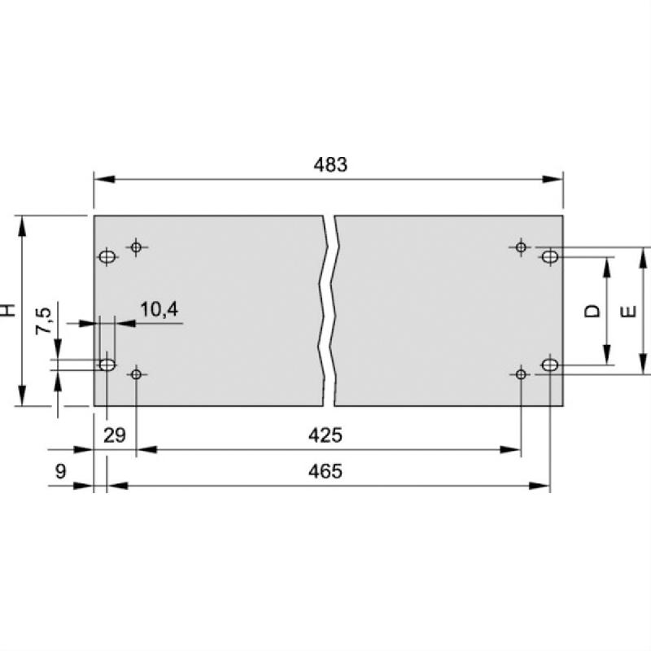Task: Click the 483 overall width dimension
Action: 330,165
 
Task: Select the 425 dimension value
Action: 325,435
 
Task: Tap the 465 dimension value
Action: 325,472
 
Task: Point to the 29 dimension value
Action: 115,435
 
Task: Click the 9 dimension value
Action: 60,472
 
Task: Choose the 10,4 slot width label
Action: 159,310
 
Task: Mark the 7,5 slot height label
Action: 43,321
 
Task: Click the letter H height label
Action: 7,310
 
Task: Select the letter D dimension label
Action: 592,311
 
